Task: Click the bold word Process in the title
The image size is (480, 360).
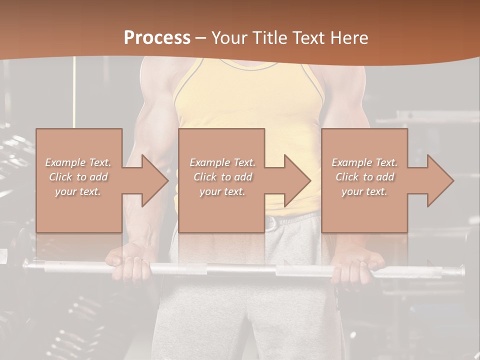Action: pyautogui.click(x=157, y=37)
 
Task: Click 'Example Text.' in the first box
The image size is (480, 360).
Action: pyautogui.click(x=78, y=162)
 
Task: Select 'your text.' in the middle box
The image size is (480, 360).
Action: pyautogui.click(x=222, y=191)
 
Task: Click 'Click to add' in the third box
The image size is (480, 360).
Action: pyautogui.click(x=364, y=177)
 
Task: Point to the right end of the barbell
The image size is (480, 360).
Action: pyautogui.click(x=457, y=271)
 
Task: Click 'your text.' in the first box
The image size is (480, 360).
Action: pyautogui.click(x=78, y=191)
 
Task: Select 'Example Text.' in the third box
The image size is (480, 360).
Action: pyautogui.click(x=364, y=162)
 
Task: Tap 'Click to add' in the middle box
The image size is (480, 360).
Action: pyautogui.click(x=222, y=177)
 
